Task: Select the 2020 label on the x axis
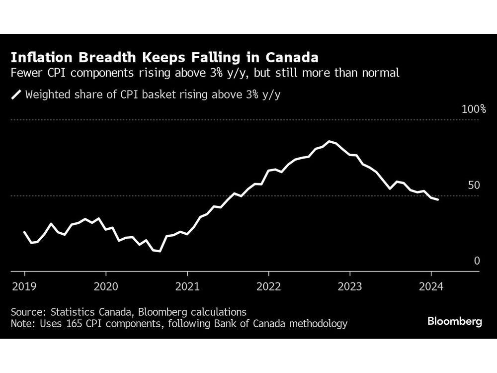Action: [x=106, y=287]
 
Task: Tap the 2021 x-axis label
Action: [x=187, y=287]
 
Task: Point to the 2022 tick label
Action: [x=268, y=287]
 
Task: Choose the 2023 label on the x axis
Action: [x=349, y=287]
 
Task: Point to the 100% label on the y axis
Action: [x=474, y=109]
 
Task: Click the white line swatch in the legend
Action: [x=16, y=94]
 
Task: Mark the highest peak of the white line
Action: [x=329, y=141]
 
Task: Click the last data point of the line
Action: [x=437, y=200]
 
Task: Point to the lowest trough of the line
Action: [x=160, y=251]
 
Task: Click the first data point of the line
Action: [x=25, y=232]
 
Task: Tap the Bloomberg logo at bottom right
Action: [x=455, y=322]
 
